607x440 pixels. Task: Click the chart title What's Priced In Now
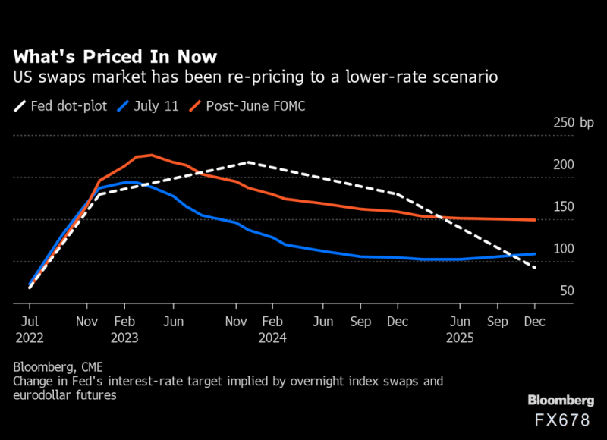115,57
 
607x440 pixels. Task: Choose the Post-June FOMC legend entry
254,106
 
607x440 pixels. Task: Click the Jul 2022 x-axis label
30,329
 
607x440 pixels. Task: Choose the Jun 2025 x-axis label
460,329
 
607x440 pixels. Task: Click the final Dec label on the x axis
535,321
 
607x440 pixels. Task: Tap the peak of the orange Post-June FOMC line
150,155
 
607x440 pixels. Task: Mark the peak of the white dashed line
249,162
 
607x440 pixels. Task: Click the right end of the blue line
536,254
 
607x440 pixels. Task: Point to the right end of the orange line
536,220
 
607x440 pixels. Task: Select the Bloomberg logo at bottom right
560,401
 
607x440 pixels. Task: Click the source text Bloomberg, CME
57,368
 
